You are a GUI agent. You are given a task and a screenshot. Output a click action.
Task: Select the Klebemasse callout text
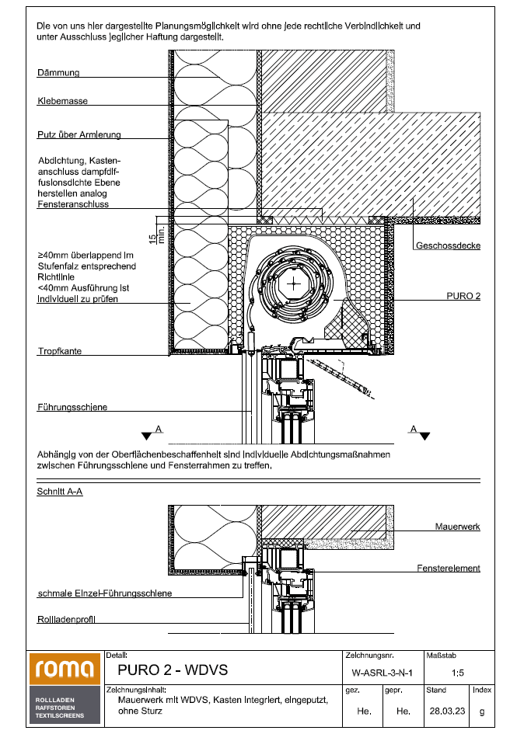pyautogui.click(x=62, y=101)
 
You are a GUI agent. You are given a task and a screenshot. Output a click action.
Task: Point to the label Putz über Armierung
pyautogui.click(x=79, y=134)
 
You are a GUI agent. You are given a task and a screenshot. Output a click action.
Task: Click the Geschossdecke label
pyautogui.click(x=447, y=245)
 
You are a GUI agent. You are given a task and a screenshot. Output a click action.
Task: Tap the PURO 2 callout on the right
pyautogui.click(x=463, y=296)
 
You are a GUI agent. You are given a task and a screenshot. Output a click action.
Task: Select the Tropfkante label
pyautogui.click(x=59, y=351)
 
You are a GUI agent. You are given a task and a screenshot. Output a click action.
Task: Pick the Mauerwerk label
pyautogui.click(x=457, y=526)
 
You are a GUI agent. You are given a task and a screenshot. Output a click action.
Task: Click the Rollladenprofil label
pyautogui.click(x=71, y=620)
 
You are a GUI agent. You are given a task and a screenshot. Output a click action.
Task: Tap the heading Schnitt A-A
pyautogui.click(x=60, y=492)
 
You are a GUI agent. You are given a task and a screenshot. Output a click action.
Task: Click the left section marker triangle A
pyautogui.click(x=145, y=436)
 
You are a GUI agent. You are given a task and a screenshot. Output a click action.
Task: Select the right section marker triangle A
pyautogui.click(x=424, y=436)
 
